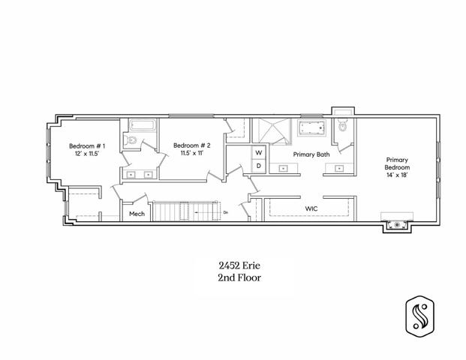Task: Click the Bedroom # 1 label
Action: point(87,145)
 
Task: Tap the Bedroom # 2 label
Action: point(192,145)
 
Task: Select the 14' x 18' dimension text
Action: point(397,175)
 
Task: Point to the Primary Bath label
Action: point(311,154)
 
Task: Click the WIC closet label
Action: point(311,208)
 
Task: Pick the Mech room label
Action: point(137,214)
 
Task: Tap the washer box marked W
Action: point(259,153)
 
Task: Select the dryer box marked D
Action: point(259,166)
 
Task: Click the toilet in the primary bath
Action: point(343,125)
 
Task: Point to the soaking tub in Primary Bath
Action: point(311,128)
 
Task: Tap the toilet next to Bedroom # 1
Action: point(130,139)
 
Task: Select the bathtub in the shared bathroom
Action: point(143,125)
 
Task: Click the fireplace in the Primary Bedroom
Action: point(397,225)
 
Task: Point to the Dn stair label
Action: point(226,212)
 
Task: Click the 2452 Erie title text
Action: point(239,265)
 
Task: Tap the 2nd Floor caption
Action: point(239,277)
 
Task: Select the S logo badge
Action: point(419,316)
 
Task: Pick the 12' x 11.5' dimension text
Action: point(86,154)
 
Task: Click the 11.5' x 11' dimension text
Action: point(192,153)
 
